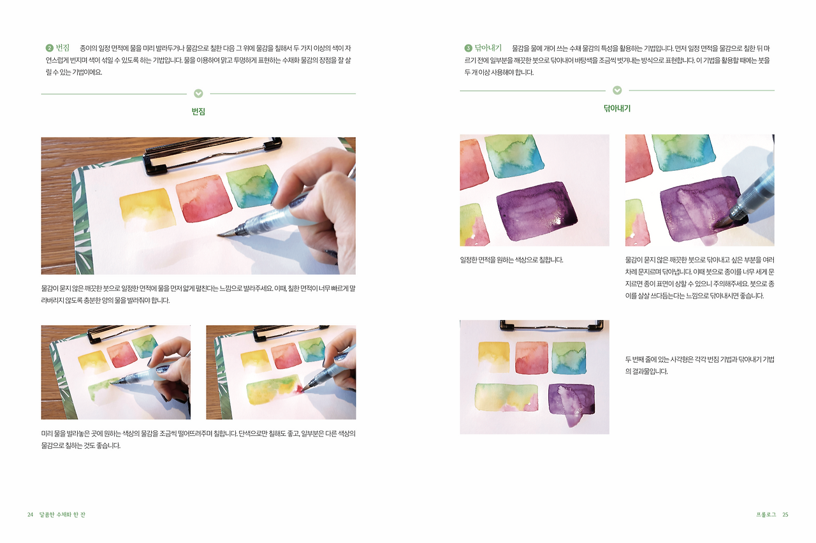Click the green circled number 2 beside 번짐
(49, 48)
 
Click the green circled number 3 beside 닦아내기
(468, 48)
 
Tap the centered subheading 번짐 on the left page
(198, 112)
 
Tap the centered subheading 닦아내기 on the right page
(616, 108)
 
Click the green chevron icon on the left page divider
(198, 94)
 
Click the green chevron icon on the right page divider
(616, 90)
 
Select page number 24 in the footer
(30, 514)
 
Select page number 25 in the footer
(785, 514)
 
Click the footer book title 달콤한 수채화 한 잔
(62, 514)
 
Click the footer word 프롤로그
(765, 514)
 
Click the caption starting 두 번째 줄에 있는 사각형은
(699, 365)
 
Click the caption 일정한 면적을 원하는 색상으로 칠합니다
(511, 260)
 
